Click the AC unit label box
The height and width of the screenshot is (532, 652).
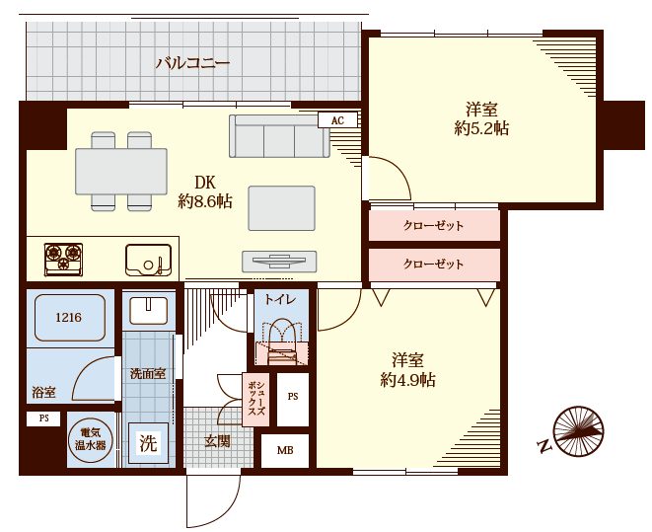tap(337, 120)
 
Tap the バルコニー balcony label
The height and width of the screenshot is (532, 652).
tap(192, 63)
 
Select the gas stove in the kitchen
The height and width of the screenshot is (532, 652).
tap(63, 260)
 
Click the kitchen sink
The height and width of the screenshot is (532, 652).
tap(148, 260)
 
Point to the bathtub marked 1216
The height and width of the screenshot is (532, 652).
tap(69, 318)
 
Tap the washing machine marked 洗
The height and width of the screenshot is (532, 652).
tap(148, 443)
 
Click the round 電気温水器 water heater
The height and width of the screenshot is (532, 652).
tap(90, 439)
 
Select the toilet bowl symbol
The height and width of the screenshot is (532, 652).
tap(281, 342)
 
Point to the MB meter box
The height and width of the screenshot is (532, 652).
tap(285, 450)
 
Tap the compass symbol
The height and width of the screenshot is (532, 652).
tap(578, 431)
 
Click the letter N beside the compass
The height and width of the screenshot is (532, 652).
tap(543, 446)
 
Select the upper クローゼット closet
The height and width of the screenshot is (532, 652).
tap(434, 225)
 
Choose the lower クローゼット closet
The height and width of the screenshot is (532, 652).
tap(434, 265)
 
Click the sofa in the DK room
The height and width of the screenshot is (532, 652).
tap(279, 136)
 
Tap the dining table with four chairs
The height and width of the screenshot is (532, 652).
tap(121, 172)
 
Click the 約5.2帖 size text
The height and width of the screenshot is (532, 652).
tap(481, 129)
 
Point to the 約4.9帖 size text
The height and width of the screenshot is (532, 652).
tap(408, 380)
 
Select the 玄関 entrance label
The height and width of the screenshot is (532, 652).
tap(217, 441)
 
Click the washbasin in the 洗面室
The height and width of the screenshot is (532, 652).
tap(148, 310)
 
